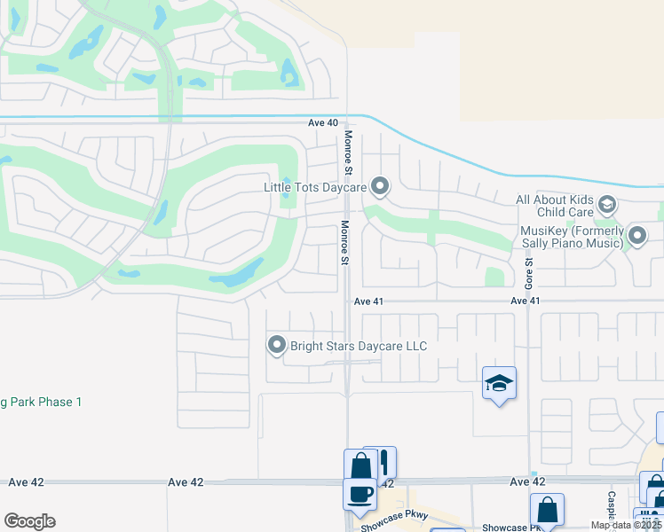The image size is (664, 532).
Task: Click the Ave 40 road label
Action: click(323, 123)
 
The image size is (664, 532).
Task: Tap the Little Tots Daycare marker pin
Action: click(380, 186)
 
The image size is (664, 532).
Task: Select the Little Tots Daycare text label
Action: click(315, 188)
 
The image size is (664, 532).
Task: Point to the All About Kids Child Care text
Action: click(555, 207)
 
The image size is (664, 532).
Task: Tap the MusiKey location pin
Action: click(637, 235)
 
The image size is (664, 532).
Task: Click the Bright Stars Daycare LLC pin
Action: click(277, 345)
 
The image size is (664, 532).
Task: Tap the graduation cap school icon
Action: click(499, 383)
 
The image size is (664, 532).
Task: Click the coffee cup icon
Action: click(360, 493)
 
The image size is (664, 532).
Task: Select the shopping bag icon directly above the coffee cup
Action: click(360, 465)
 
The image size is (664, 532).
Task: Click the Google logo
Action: click(29, 521)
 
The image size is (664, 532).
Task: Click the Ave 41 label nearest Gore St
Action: click(526, 301)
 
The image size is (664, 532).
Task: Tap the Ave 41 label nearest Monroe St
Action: click(368, 301)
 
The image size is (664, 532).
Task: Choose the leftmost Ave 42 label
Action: click(26, 482)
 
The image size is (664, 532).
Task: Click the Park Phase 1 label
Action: click(41, 403)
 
